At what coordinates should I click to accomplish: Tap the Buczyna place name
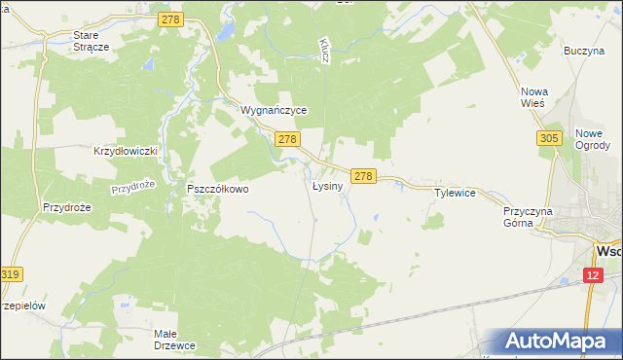pos(584,51)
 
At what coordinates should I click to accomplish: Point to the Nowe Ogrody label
pos(592,140)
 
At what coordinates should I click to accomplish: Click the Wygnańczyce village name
pos(275,111)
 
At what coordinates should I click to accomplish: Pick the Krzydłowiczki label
pos(125,152)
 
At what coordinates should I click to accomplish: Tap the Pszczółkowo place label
pos(218,190)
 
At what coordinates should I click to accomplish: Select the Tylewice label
pos(455,193)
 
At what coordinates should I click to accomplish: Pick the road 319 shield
pos(11,275)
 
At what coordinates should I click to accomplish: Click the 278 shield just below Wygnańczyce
pos(286,140)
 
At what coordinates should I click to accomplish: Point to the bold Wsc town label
pos(608,251)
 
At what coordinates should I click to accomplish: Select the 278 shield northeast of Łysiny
pos(363,176)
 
